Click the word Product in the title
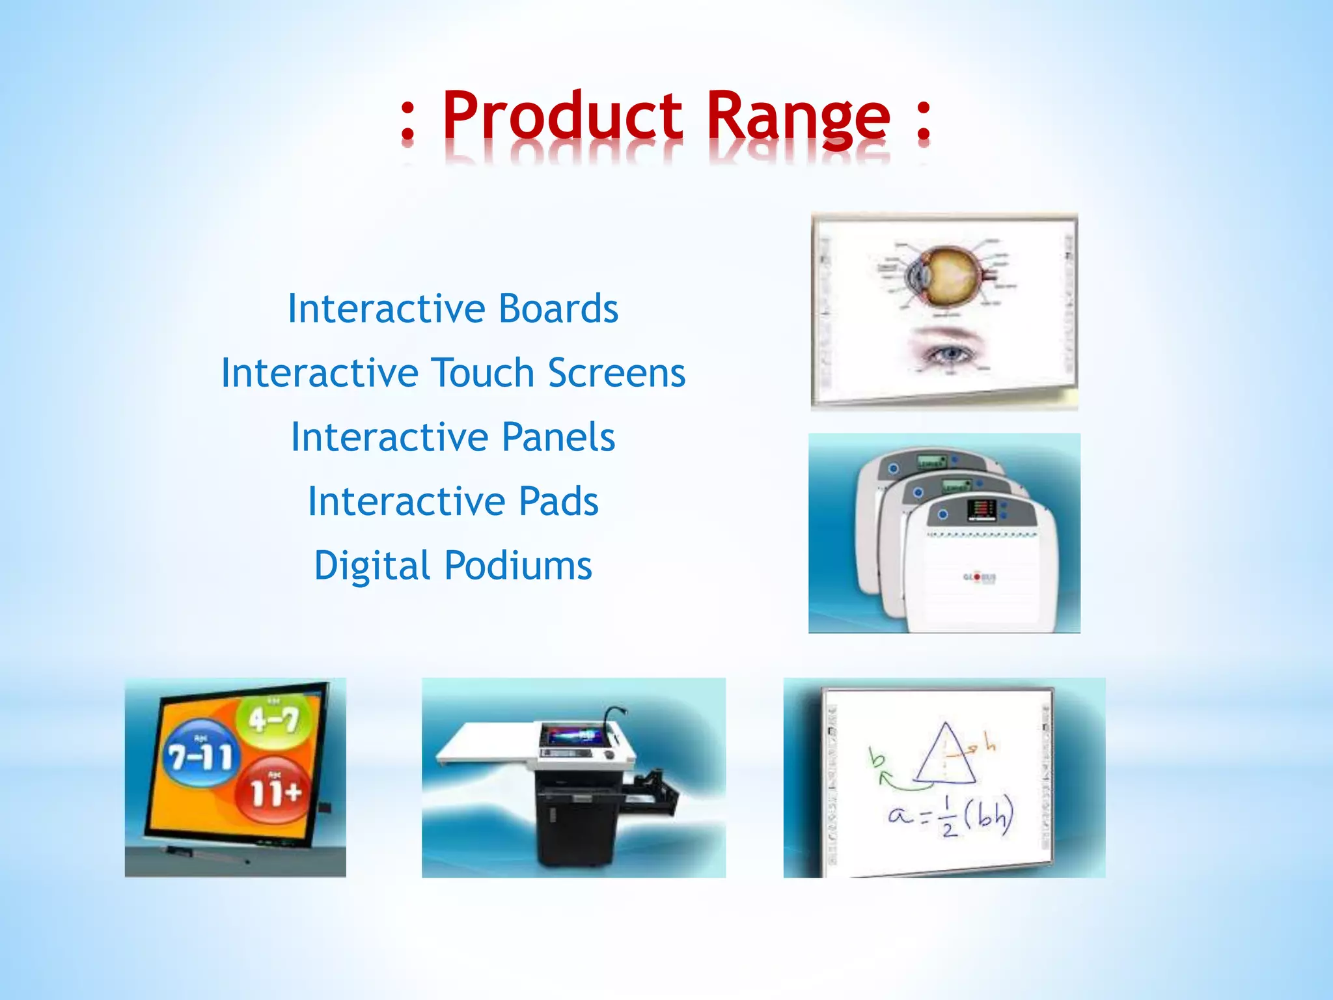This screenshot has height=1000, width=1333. [x=562, y=116]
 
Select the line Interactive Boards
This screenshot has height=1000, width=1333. [x=453, y=308]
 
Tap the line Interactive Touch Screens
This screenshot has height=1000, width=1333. [x=453, y=372]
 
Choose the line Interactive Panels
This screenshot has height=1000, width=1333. [x=453, y=436]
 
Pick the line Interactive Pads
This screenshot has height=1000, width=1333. [x=453, y=501]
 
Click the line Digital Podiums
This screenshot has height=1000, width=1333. [x=453, y=565]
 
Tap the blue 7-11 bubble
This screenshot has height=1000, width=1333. [x=200, y=754]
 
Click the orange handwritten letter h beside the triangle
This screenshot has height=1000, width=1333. [x=989, y=742]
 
